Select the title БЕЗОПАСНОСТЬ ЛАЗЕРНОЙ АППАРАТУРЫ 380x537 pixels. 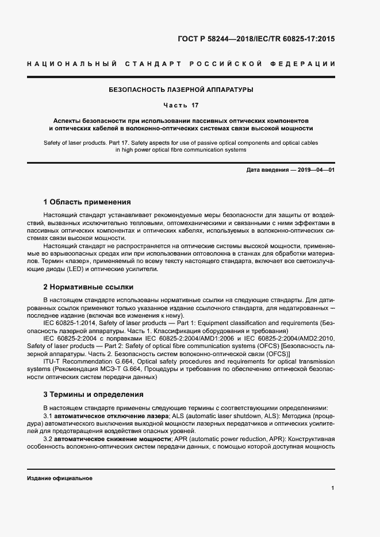pyautogui.click(x=181, y=90)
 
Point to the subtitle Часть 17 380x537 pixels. pyautogui.click(x=181, y=106)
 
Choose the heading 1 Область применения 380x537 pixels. pyautogui.click(x=87, y=202)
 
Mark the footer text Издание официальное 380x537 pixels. pyautogui.click(x=60, y=478)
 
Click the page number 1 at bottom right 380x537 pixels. pyautogui.click(x=333, y=488)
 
